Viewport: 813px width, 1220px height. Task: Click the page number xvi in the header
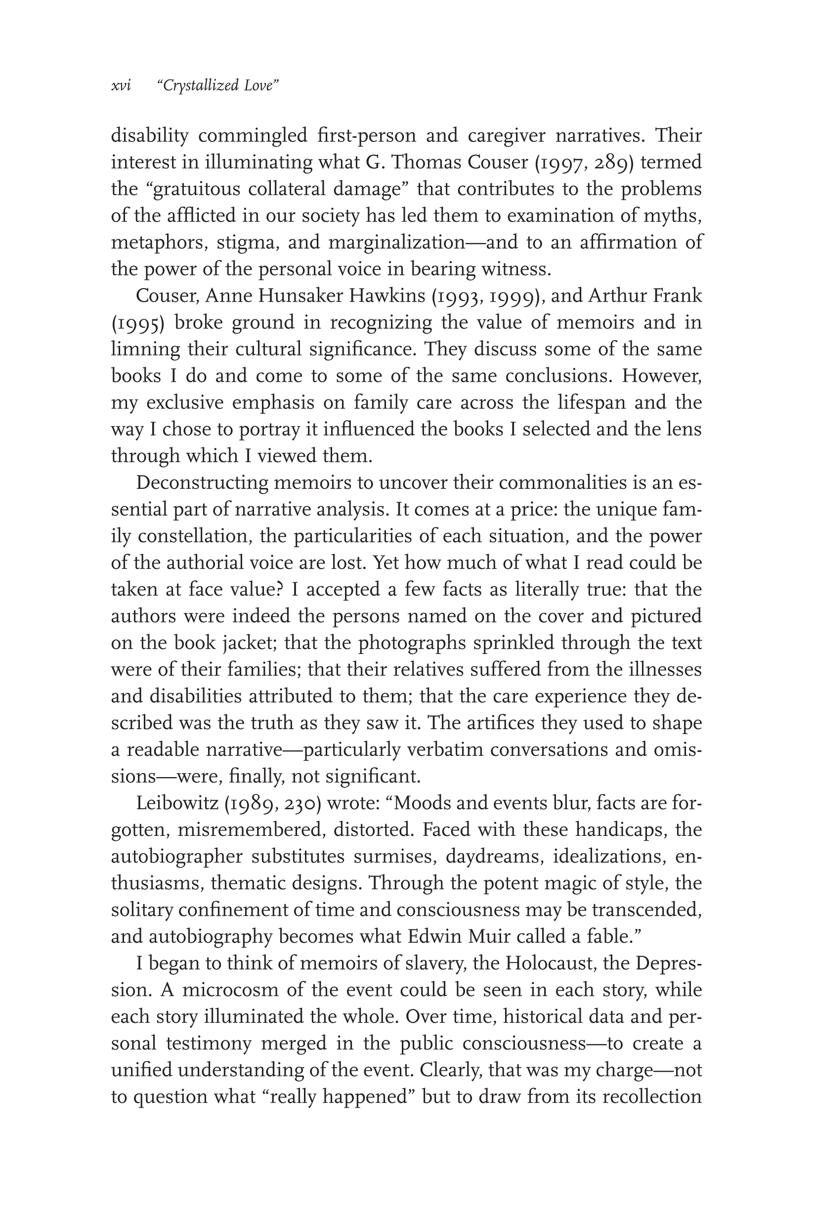tap(121, 86)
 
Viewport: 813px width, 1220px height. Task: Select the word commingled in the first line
tap(253, 136)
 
